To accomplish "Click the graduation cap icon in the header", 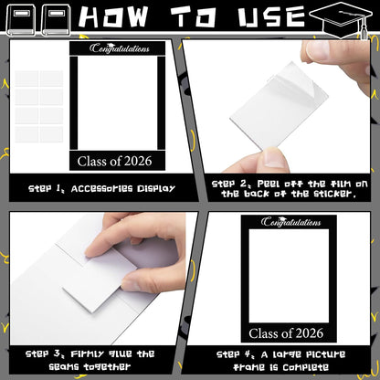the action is [x=341, y=19].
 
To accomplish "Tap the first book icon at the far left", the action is [x=21, y=21].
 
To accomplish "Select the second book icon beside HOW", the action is [x=57, y=21].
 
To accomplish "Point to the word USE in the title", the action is [x=272, y=16].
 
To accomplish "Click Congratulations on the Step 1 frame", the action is [x=120, y=48].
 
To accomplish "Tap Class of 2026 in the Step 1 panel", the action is [x=114, y=161].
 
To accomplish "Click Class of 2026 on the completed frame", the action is [x=286, y=333].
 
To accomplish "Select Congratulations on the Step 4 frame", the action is [x=290, y=221].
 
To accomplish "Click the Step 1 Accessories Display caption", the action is [x=101, y=189].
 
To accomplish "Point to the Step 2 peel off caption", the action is [x=290, y=189].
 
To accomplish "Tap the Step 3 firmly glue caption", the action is [x=90, y=360].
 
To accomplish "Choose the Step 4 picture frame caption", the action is [x=280, y=361].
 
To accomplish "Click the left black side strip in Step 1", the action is [x=74, y=103].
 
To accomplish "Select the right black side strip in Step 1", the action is [x=161, y=103].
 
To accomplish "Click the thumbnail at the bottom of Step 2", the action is [x=275, y=157].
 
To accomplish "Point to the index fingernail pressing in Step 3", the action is [x=90, y=252].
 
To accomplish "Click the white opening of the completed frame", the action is [x=289, y=276].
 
